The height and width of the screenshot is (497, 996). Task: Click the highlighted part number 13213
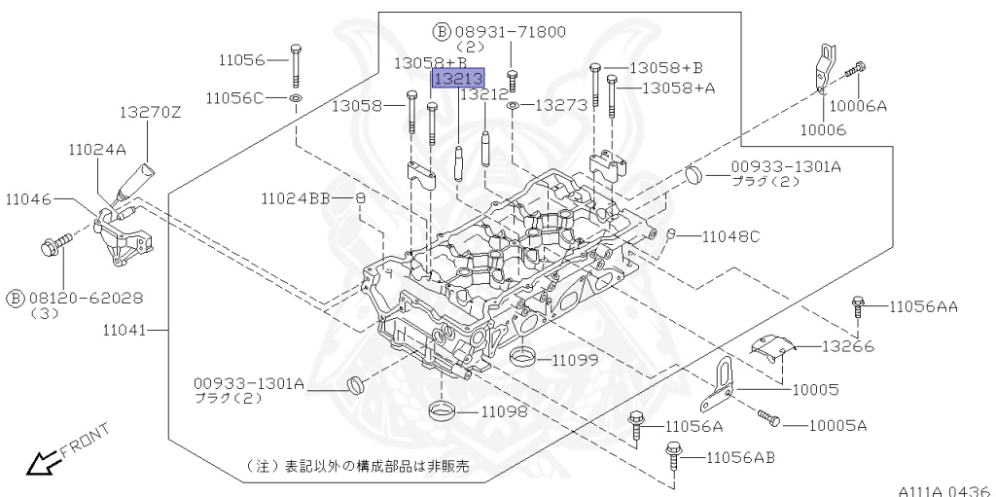457,79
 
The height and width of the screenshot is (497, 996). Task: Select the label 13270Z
150,113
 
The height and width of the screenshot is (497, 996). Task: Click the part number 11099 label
575,360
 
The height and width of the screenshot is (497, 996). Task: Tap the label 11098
504,411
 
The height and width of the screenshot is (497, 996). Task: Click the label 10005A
837,425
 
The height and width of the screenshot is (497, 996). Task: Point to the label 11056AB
740,457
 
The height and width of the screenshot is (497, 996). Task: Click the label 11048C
730,236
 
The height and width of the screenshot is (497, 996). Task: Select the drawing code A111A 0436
943,490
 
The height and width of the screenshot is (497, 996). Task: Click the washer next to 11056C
295,98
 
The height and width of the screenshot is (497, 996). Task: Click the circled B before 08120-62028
17,298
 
